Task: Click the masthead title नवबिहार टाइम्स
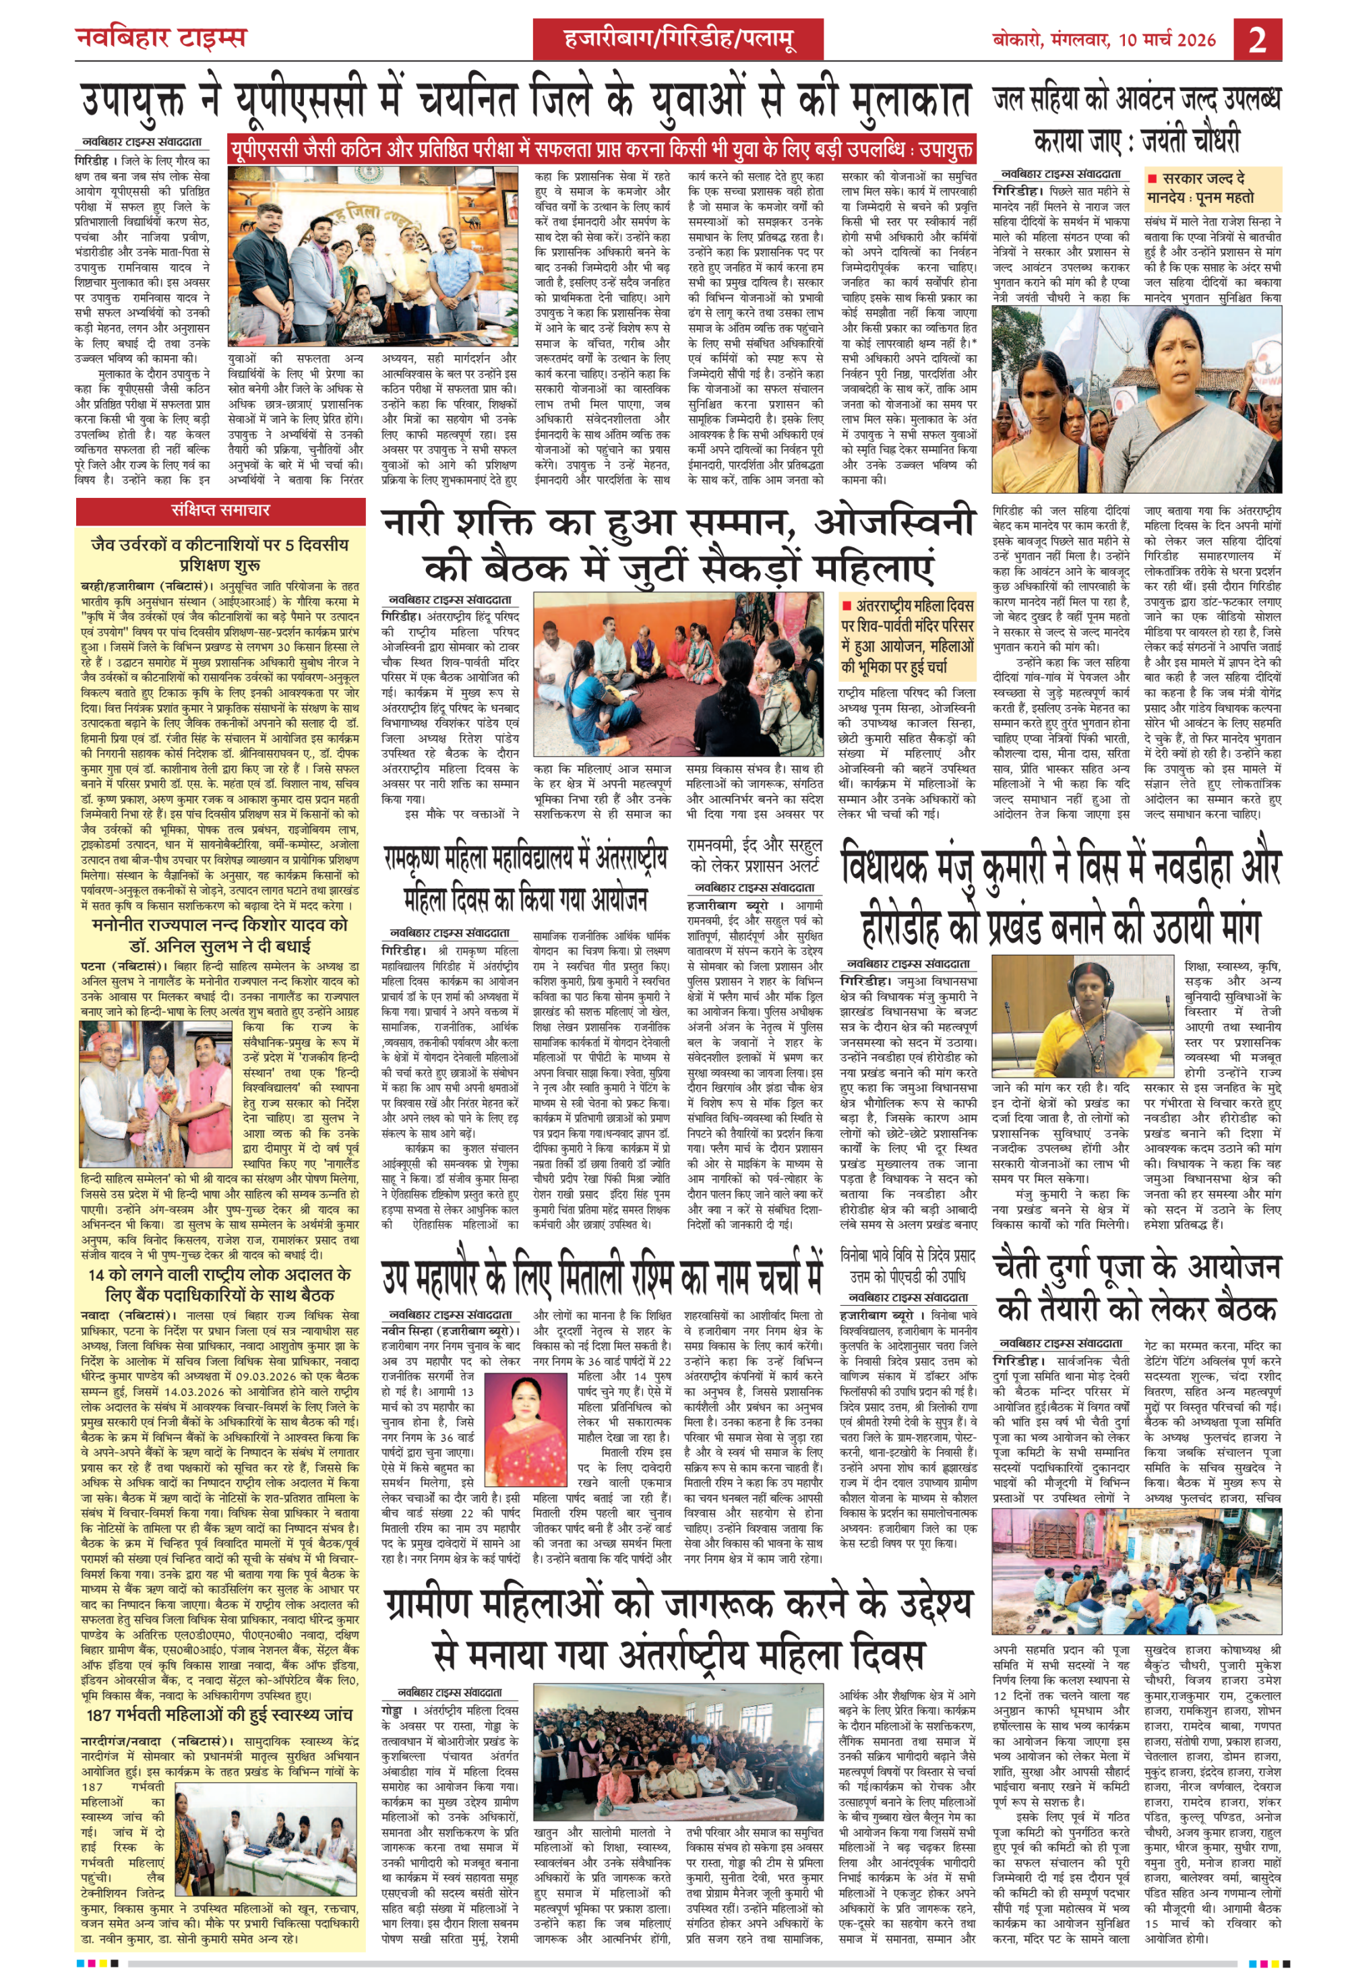pos(160,38)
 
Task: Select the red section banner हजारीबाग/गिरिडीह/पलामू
pos(679,39)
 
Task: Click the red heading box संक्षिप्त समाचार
pos(220,511)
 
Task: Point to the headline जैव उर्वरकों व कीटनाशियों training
pos(220,555)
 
